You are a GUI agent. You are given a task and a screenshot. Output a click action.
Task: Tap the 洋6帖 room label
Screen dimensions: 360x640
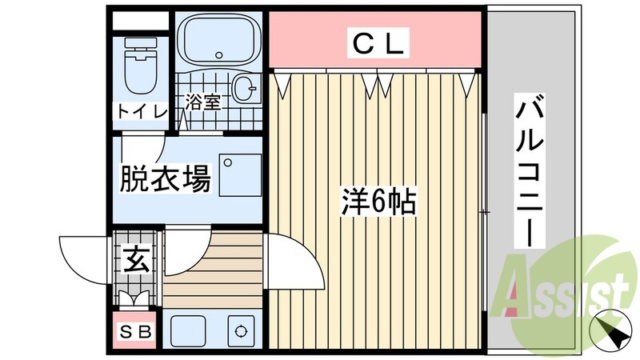click(x=377, y=202)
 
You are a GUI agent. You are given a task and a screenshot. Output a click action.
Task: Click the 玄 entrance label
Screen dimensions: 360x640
click(x=135, y=259)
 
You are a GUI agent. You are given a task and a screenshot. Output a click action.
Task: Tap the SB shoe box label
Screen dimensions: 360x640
click(x=135, y=331)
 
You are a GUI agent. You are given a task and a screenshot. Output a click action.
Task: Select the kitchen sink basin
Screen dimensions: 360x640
click(x=190, y=330)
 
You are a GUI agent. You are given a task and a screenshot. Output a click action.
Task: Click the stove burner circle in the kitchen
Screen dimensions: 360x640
click(x=240, y=330)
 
